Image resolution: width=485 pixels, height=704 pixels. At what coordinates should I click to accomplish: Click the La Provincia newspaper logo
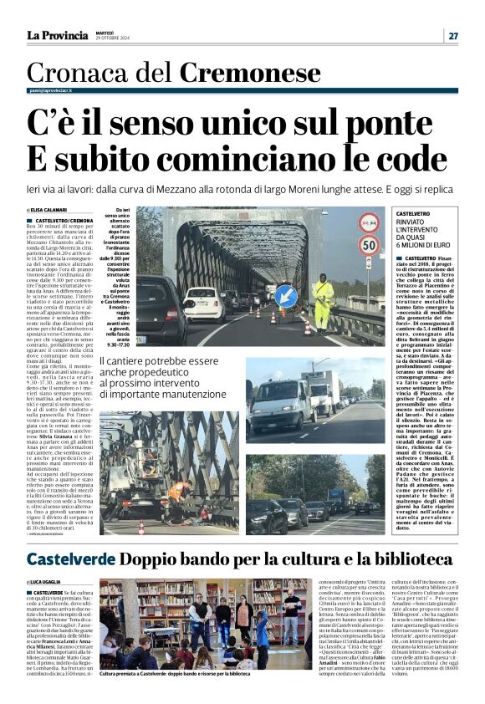point(57,35)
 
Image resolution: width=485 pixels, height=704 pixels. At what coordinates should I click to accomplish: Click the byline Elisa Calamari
point(48,210)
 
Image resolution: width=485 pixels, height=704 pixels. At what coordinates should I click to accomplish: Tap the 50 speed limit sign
point(370,246)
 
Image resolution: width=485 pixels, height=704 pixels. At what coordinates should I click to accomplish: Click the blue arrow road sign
point(286,295)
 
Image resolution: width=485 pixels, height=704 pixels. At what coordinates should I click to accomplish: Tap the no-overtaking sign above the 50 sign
point(370,222)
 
